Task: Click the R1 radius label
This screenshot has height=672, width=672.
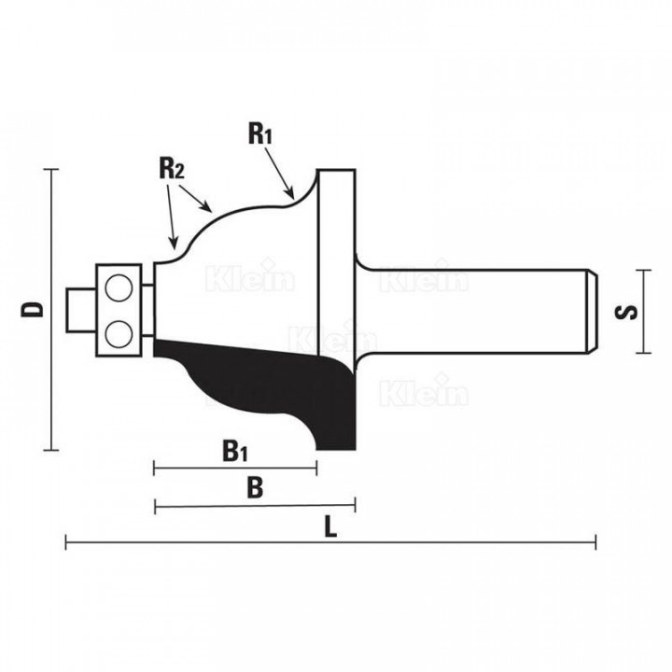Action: point(260,133)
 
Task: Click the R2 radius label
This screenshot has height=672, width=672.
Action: point(172,168)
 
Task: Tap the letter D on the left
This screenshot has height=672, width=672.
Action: point(32,309)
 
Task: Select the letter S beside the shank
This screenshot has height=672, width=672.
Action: point(625,312)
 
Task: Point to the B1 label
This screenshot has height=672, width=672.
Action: point(235,451)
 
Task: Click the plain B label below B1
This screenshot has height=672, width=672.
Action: point(255,488)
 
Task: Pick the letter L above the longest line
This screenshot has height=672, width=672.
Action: point(330,526)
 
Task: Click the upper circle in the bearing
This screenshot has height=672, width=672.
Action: point(119,287)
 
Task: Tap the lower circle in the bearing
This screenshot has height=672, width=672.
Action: point(119,334)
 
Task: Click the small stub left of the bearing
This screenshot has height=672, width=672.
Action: point(81,310)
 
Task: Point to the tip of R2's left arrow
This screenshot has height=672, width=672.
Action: point(174,248)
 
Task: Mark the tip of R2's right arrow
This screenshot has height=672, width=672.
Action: point(212,212)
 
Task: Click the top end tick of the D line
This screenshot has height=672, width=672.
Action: point(51,170)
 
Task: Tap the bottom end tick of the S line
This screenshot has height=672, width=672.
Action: point(644,353)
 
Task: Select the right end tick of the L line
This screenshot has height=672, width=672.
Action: point(595,542)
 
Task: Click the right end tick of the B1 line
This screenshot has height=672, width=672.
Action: point(316,469)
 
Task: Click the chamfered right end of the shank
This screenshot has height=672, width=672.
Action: point(592,312)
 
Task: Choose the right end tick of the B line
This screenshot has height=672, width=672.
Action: point(355,505)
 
